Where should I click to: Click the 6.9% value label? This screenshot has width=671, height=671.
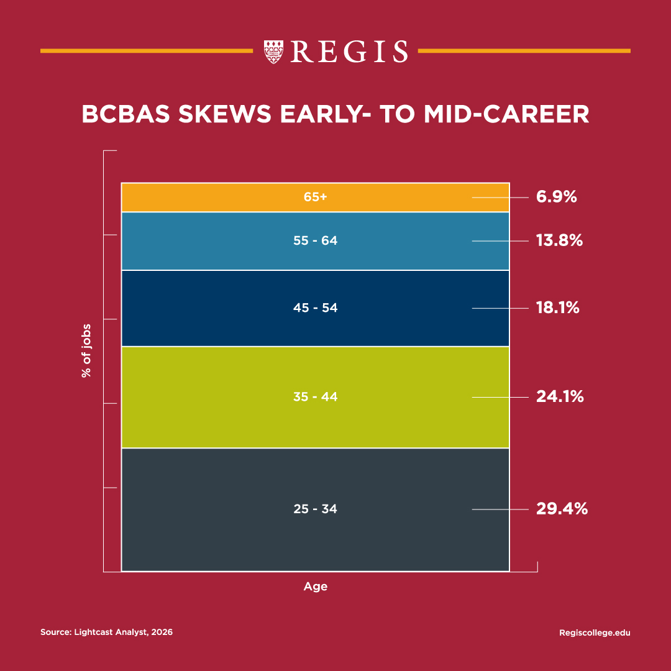click(557, 198)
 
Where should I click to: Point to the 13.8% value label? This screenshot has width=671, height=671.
click(559, 240)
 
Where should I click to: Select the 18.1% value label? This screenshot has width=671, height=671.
click(557, 308)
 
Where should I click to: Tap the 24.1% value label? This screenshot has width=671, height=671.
click(560, 396)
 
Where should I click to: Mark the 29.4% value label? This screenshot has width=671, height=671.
click(562, 509)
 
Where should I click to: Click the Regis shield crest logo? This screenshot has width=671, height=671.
click(273, 51)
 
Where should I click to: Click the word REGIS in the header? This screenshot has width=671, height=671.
click(349, 52)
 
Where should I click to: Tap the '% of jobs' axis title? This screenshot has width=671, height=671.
click(86, 350)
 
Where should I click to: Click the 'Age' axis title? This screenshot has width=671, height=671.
click(315, 587)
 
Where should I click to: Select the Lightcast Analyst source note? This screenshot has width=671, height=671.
click(106, 632)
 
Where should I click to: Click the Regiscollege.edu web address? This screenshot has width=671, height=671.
click(595, 632)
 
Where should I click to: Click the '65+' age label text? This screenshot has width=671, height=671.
click(315, 197)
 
